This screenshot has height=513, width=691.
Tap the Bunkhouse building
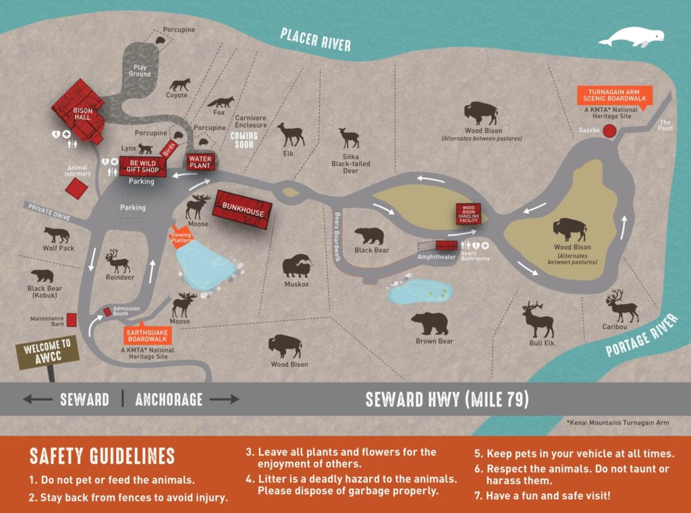pyautogui.click(x=242, y=212)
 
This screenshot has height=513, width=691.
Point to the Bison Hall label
pyautogui.click(x=82, y=113)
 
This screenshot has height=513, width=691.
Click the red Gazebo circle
pyautogui.click(x=611, y=131)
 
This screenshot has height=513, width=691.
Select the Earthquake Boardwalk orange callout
pyautogui.click(x=147, y=334)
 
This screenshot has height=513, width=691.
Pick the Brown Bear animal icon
pyautogui.click(x=430, y=324)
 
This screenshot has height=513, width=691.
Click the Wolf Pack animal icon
pyautogui.click(x=57, y=235)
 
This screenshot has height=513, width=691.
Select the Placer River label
pyautogui.click(x=316, y=40)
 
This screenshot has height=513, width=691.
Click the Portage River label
pyautogui.click(x=640, y=335)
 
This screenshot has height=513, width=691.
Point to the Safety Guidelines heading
pyautogui.click(x=102, y=456)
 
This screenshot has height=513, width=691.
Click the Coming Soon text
pyautogui.click(x=244, y=140)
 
